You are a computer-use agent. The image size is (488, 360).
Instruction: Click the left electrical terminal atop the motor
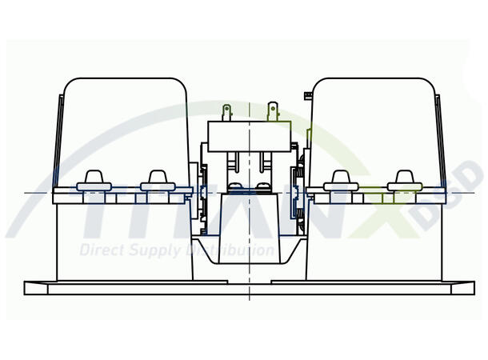[227, 110]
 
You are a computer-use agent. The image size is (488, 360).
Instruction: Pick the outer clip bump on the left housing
[95, 179]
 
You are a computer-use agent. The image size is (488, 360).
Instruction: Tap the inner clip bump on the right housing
[341, 179]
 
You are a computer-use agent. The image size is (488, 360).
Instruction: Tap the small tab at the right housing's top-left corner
[307, 96]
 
